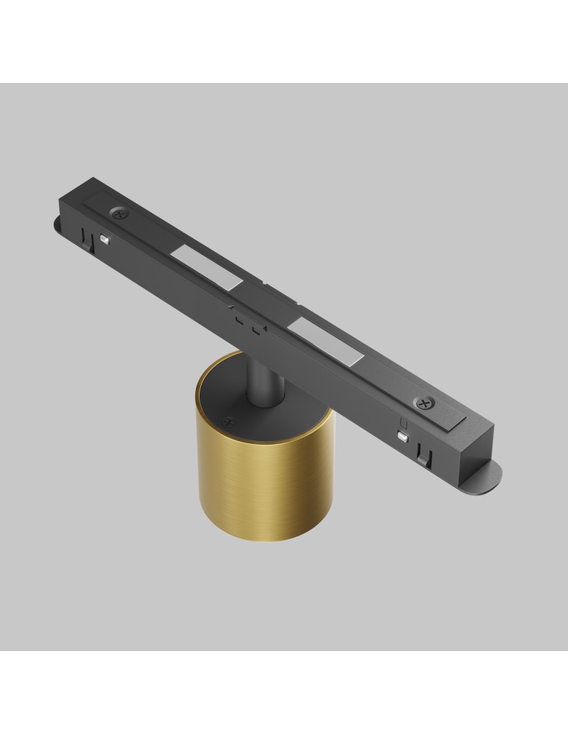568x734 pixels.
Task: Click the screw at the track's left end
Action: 119,213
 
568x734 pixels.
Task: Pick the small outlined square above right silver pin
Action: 402,424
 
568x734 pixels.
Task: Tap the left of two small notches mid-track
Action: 239,320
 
